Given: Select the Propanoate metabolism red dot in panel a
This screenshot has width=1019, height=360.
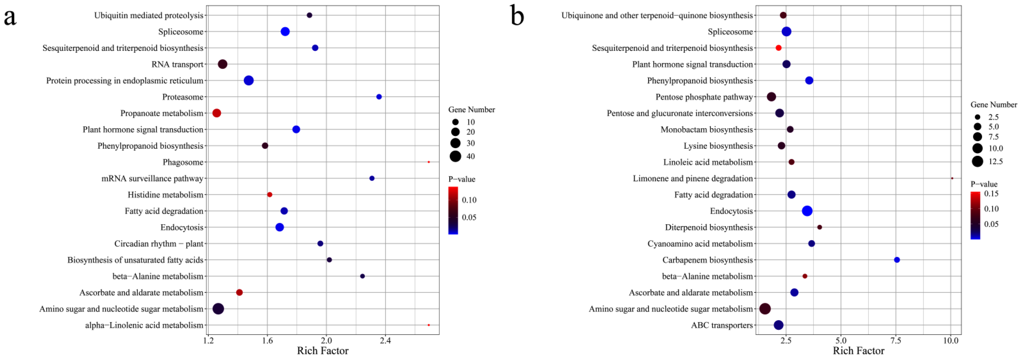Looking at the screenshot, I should click(216, 113).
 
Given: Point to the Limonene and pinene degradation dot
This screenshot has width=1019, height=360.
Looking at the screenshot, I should click(952, 178).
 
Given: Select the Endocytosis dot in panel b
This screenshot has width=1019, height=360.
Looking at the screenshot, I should click(807, 211).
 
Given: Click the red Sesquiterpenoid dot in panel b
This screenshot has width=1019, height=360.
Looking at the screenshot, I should click(778, 48).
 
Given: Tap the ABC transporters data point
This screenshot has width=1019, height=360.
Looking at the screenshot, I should click(778, 325).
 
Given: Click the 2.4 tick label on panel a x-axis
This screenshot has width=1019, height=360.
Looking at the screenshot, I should click(385, 341).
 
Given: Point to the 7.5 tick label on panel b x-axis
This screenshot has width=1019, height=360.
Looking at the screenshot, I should click(896, 341).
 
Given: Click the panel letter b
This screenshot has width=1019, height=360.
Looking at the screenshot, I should click(517, 17).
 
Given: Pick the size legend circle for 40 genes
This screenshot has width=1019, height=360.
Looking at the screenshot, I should click(455, 156).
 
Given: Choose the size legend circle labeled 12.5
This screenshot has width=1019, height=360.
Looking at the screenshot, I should click(977, 161).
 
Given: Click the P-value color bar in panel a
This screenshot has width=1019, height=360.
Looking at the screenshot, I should click(453, 210).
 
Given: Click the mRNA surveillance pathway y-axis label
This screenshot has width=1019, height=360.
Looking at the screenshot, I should click(152, 178).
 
